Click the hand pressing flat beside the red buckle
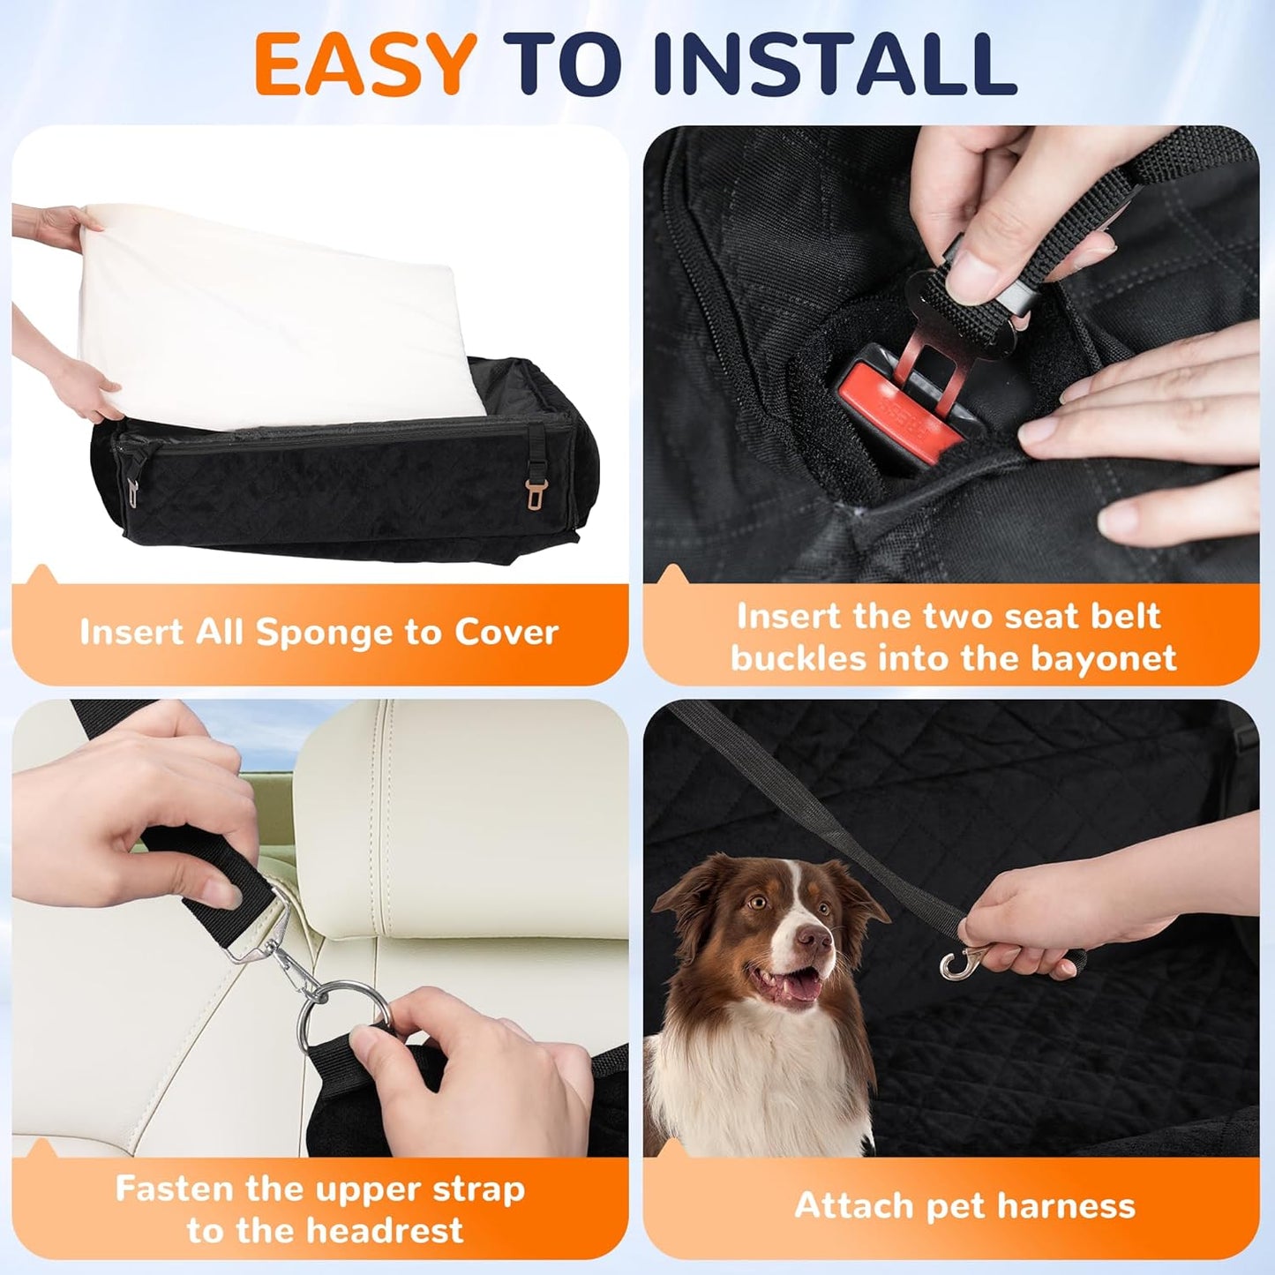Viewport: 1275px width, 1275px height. [1156, 441]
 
